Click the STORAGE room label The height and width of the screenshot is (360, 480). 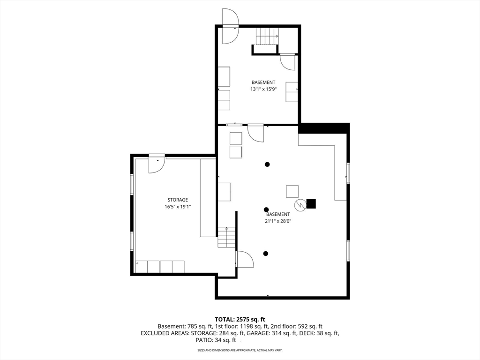point(178,200)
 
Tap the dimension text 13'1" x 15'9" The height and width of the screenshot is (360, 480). point(263,89)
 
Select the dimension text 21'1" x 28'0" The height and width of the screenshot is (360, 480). point(278,221)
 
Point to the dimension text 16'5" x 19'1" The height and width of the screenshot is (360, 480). point(178,206)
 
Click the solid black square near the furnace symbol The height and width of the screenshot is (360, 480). point(311,204)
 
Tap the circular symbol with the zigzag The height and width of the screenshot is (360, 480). point(300,204)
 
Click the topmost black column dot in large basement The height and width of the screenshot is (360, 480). point(267,164)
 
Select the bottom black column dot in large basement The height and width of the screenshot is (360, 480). point(266,254)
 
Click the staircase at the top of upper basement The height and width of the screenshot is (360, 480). point(267,36)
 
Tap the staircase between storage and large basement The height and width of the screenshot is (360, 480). point(226,237)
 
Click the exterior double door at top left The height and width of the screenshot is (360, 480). point(230,26)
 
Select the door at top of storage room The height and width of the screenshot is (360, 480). point(157,164)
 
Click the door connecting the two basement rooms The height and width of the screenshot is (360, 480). point(255,132)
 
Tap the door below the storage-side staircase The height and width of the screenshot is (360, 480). point(245,259)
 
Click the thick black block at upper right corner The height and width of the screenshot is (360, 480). point(324,127)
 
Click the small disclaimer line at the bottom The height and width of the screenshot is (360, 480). point(240,350)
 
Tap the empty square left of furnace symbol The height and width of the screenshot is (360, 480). point(292,191)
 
